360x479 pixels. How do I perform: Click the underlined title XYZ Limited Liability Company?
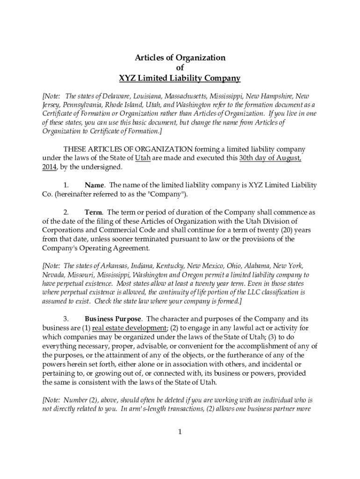click(180, 79)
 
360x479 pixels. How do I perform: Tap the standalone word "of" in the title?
click(180, 68)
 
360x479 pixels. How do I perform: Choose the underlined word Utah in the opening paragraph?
click(143, 158)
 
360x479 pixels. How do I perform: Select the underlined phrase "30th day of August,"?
click(270, 158)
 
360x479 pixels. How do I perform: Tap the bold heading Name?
click(94, 185)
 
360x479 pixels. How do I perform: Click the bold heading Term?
click(94, 212)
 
